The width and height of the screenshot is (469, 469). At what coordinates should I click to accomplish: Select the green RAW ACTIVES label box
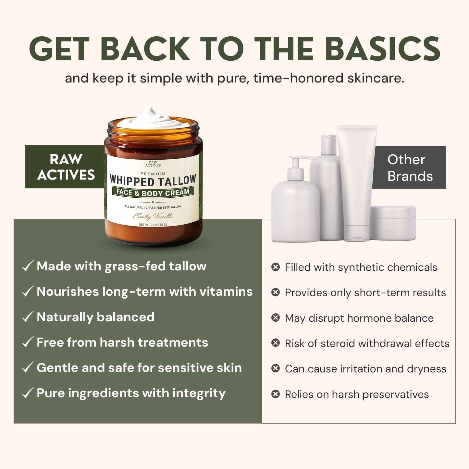click(65, 167)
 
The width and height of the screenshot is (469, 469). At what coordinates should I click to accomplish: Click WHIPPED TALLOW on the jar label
click(153, 180)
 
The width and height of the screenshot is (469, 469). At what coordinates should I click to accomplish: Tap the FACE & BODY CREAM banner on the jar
click(153, 192)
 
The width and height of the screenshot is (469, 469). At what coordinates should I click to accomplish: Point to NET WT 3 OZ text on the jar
click(153, 225)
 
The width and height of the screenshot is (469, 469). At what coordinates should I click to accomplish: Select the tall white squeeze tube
click(356, 182)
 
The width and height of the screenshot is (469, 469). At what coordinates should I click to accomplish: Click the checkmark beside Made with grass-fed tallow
click(27, 266)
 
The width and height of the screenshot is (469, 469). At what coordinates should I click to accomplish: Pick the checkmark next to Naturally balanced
click(27, 317)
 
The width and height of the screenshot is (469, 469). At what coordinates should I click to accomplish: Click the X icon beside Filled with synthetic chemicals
click(276, 267)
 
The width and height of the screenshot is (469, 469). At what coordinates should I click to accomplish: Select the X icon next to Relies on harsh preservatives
click(276, 394)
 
